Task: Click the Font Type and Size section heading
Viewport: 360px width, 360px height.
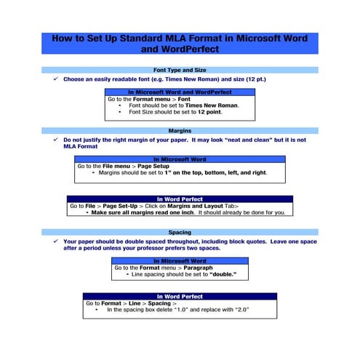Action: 180,70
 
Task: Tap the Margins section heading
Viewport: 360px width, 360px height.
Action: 180,131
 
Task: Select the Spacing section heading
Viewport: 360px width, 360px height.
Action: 180,233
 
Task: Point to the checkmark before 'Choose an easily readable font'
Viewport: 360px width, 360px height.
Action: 55,79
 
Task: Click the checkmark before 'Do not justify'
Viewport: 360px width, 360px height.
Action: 55,139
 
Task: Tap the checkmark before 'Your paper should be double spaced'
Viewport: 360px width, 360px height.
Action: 55,241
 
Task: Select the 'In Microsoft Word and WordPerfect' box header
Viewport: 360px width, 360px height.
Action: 180,92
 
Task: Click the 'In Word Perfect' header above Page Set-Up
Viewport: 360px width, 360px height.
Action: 180,199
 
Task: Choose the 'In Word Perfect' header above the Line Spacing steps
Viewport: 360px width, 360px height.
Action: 180,297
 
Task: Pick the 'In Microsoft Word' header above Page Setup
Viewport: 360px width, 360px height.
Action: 180,159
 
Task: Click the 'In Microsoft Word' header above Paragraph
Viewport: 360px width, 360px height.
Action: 180,261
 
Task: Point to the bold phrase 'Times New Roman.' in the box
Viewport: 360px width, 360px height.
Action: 212,105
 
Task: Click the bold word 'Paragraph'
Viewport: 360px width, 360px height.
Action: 198,268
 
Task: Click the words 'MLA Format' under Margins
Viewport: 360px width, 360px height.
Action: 80,146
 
